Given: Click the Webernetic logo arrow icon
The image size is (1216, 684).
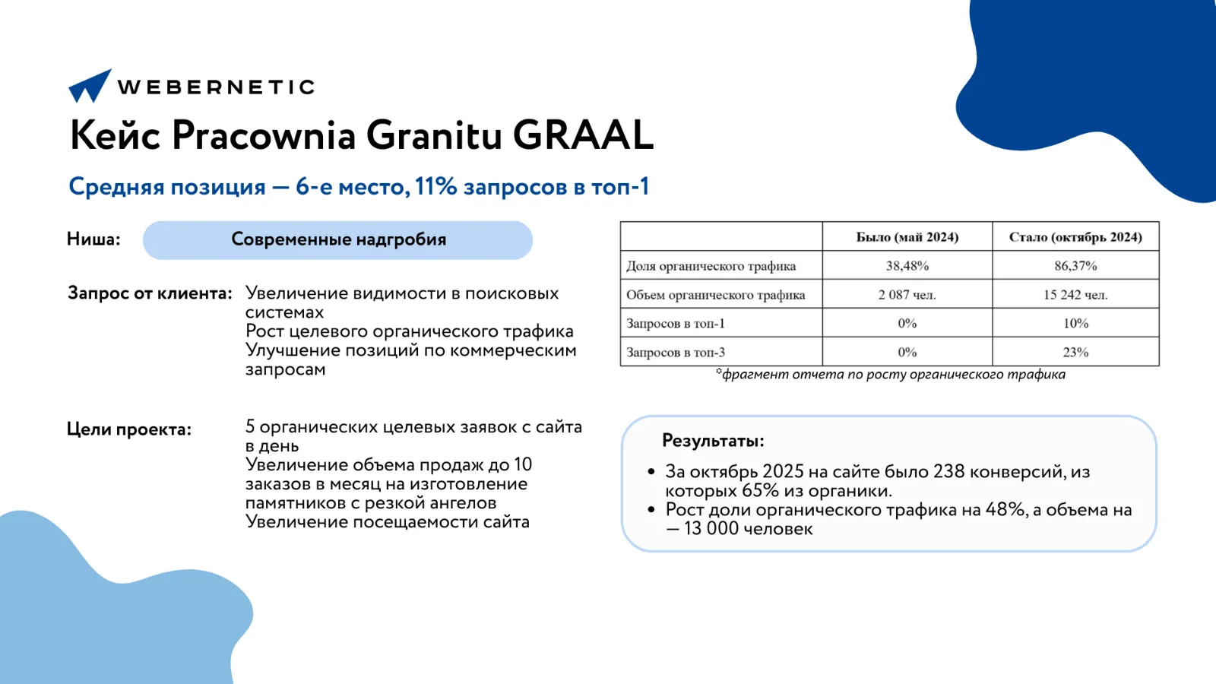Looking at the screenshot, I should pos(90,86).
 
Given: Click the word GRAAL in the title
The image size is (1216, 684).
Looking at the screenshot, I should pos(583,135).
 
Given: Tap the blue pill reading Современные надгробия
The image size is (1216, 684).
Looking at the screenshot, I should pos(337,240).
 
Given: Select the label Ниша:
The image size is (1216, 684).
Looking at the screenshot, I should pos(93,239).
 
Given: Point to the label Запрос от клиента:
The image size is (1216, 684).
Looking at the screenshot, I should pos(150,293).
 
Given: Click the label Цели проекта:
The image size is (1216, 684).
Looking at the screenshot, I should pos(129,429).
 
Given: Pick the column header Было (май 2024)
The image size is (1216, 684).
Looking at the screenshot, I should pos(907,237).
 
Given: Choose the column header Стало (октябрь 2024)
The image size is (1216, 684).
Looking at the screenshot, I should pos(1075,237).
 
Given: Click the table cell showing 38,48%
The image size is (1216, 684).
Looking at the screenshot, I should pos(907,266).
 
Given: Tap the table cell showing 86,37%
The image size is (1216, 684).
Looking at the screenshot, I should pos(1075,266).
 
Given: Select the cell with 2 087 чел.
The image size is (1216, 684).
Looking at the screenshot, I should pos(907,295).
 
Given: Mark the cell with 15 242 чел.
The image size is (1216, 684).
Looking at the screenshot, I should pos(1075,295).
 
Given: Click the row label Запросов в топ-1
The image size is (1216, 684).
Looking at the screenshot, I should pos(676,324).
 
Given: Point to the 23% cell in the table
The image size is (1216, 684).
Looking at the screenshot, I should pos(1075,353).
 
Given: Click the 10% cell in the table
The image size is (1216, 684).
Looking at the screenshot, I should pos(1075,324).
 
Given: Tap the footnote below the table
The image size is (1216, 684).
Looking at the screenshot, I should pos(890,375).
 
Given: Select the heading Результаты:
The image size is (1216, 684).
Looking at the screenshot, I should pos(712,441).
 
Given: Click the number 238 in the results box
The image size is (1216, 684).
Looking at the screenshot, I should pos(948,472).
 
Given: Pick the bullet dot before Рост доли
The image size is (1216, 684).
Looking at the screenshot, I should pos(651,510).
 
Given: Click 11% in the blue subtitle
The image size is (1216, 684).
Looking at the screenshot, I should pos(435,187).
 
